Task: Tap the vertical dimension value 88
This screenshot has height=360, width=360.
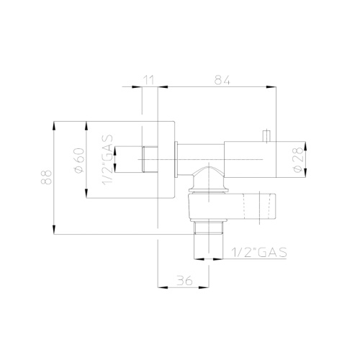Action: click(47, 178)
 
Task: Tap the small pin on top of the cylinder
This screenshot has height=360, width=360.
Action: click(266, 135)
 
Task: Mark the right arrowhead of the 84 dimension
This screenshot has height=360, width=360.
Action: click(274, 88)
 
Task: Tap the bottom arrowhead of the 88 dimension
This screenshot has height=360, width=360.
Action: click(55, 232)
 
